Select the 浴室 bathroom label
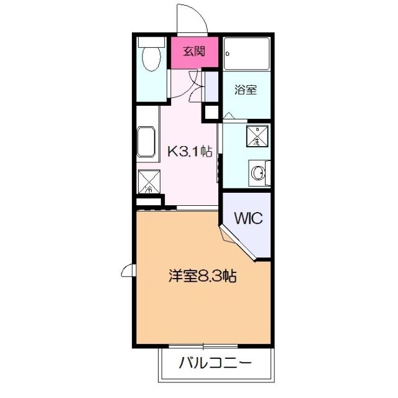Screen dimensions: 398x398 tap(245, 90)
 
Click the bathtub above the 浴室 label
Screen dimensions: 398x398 tap(246, 53)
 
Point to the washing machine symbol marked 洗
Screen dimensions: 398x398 tap(256, 136)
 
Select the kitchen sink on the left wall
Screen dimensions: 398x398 tap(147, 141)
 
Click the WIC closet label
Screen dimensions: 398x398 tap(249, 218)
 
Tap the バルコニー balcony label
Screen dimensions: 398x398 tap(216, 363)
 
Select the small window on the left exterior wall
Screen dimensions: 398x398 tap(128, 271)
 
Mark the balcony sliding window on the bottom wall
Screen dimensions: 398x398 tap(203, 345)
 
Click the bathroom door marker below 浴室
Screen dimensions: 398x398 tap(228, 116)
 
